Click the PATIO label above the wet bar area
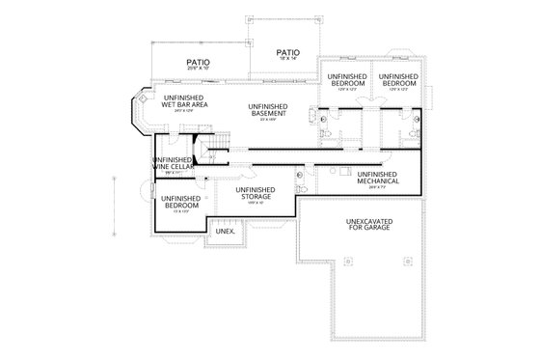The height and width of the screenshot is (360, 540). (x=199, y=64)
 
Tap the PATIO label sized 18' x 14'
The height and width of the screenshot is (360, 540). (x=287, y=53)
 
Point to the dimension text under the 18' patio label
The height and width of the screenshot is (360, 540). (x=287, y=60)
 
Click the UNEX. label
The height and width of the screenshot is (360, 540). (x=225, y=233)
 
